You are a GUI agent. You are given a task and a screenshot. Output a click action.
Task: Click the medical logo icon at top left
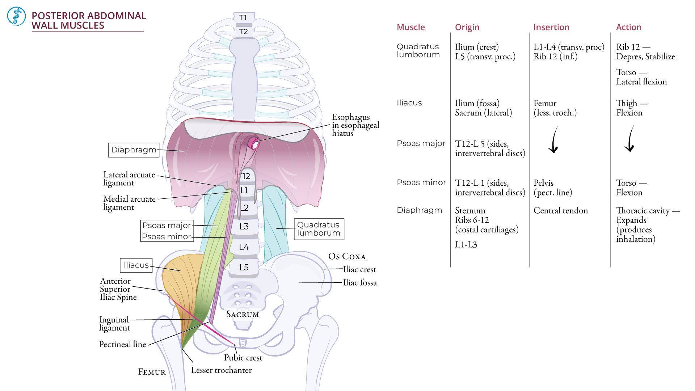tap(16, 16)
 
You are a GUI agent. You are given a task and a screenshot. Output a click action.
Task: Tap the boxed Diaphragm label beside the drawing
tap(134, 150)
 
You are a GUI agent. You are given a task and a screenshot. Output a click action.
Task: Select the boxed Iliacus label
tap(136, 265)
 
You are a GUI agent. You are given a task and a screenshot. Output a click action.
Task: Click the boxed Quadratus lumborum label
tap(319, 229)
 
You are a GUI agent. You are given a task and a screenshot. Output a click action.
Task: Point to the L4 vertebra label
tap(244, 247)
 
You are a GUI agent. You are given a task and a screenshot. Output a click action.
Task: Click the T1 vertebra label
tap(243, 17)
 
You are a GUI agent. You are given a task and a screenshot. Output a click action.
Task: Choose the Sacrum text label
tap(243, 314)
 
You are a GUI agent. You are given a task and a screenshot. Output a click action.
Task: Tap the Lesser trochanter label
tap(221, 370)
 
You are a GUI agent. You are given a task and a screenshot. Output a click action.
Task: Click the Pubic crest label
tap(243, 358)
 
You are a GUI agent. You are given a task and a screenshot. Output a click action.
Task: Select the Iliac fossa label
tap(360, 283)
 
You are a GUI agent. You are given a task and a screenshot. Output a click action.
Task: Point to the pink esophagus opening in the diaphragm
tap(254, 143)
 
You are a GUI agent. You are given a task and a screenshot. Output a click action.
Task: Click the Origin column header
tap(467, 27)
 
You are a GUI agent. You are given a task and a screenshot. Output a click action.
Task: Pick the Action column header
tap(628, 27)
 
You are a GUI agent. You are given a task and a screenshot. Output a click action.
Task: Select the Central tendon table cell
tap(560, 210)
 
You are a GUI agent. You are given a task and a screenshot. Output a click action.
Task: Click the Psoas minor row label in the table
tap(421, 182)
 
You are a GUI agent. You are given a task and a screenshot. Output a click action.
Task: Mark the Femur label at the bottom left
tap(152, 372)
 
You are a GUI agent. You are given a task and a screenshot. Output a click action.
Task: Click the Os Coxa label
tap(347, 256)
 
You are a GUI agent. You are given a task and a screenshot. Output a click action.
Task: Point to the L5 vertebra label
tap(244, 268)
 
